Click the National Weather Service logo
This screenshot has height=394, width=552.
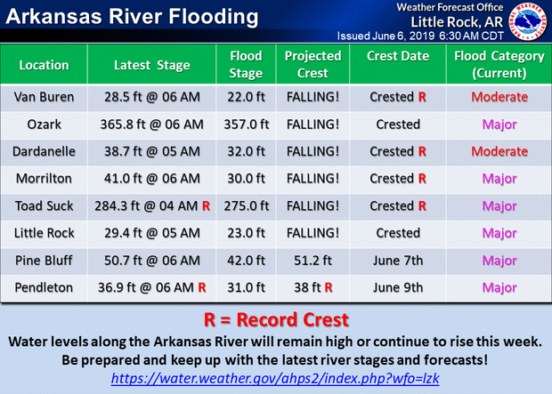coord(528,21)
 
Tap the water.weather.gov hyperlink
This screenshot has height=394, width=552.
coord(275,379)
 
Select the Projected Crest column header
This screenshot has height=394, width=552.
coord(313,64)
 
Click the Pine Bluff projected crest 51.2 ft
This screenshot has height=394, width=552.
coord(313,261)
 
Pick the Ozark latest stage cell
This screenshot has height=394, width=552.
coord(151,125)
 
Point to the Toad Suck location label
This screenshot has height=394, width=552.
coord(44,205)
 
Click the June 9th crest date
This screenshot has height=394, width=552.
coord(398,287)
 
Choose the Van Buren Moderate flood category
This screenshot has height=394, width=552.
coord(499,97)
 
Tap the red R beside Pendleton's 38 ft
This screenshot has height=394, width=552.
coord(329,287)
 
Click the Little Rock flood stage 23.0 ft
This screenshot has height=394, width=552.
coord(246,233)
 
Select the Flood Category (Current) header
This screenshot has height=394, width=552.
coord(499,64)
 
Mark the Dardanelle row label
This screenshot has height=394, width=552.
coord(44,151)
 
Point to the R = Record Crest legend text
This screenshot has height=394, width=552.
coord(276,319)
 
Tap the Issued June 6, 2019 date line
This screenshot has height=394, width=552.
coord(420,36)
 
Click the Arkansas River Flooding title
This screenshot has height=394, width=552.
coord(132,17)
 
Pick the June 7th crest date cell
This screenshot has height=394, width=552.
coord(398,261)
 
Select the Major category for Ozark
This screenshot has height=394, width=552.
coord(499,125)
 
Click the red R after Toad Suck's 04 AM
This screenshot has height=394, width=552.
coord(206,205)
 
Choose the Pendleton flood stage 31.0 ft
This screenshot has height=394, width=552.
coord(246,287)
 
